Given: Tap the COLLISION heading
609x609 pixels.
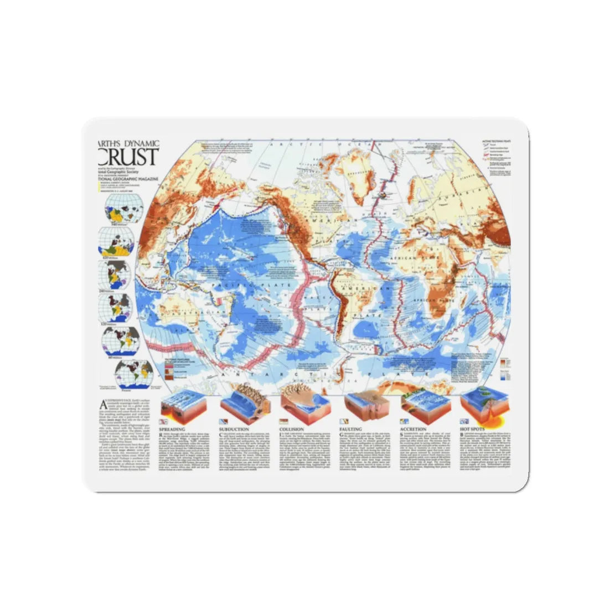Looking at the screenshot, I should click(292, 429).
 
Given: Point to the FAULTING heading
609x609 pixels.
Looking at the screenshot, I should click(350, 429).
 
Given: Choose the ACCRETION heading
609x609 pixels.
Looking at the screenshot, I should click(413, 429).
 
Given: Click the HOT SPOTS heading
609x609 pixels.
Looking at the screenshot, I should click(472, 429).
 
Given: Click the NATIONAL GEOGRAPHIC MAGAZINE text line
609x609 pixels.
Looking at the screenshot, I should click(128, 179).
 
